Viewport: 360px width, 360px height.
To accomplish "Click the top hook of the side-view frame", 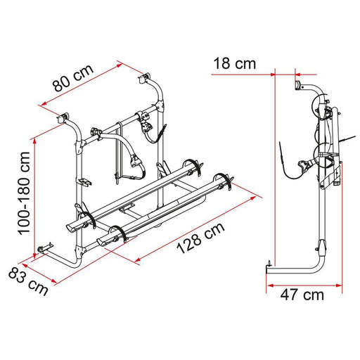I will [x=297, y=86].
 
